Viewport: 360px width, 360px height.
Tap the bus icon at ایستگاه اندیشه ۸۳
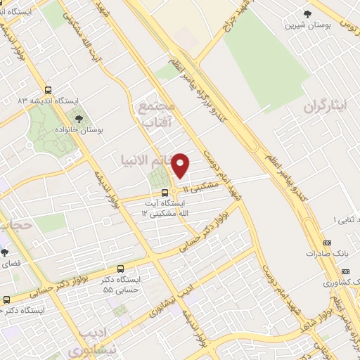48,90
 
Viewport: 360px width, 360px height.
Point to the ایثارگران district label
326,107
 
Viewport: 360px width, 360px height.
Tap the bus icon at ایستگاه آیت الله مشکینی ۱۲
164,192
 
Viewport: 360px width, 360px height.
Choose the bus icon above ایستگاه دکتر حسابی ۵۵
120,269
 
